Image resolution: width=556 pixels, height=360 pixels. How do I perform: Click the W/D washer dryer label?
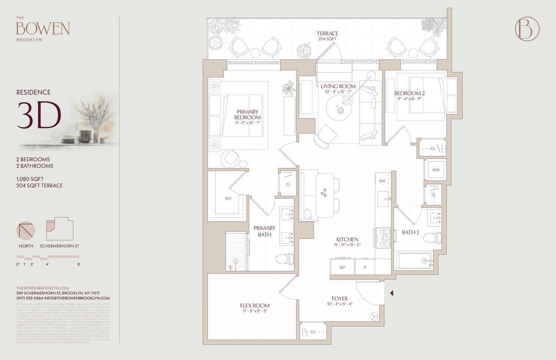[x=436, y=170]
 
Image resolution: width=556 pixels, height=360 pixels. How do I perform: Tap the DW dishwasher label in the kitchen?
[x=382, y=181]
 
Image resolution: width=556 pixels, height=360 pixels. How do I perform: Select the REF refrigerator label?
[x=342, y=267]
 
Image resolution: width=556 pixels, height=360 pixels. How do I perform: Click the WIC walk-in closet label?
[x=228, y=198]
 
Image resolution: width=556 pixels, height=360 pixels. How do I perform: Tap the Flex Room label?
[x=255, y=305]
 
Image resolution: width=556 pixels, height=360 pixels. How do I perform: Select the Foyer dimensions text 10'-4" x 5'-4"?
[x=340, y=304]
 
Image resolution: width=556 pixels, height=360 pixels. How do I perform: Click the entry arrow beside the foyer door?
[x=391, y=293]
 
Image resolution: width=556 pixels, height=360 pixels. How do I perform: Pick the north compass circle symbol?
[x=26, y=231]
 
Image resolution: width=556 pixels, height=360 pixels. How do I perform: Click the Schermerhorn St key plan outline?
[x=60, y=229]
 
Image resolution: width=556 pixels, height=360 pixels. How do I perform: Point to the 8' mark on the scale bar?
[x=79, y=264]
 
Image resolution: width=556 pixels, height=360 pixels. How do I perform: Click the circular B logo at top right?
[x=527, y=29]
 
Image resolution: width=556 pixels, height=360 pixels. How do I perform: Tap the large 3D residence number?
[x=39, y=115]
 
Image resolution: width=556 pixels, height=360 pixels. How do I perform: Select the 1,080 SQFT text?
[x=30, y=179]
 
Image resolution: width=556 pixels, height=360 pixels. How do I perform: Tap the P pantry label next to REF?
[x=365, y=267]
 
